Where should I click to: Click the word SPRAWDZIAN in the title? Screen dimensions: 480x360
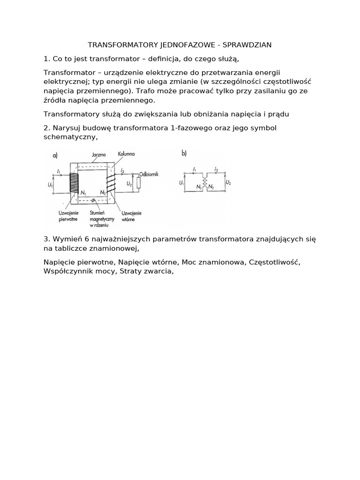click(x=249, y=45)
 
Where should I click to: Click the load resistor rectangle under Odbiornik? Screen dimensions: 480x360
click(x=138, y=183)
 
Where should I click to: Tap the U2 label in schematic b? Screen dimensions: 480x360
click(x=228, y=182)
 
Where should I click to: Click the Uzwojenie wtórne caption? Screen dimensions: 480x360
click(x=131, y=216)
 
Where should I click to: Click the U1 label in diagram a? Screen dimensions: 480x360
click(x=50, y=185)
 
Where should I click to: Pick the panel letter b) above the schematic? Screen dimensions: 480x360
click(x=184, y=153)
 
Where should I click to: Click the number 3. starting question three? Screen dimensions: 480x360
click(x=46, y=240)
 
